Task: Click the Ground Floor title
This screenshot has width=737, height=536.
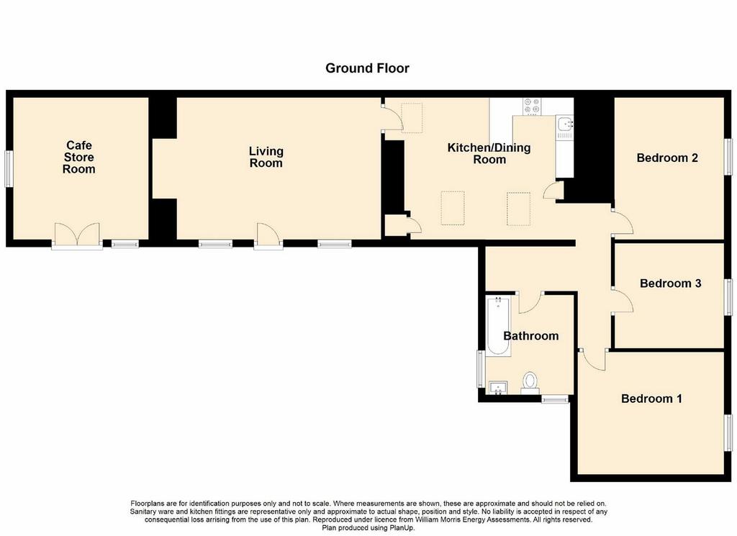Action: (x=367, y=68)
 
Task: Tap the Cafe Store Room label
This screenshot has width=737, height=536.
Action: (x=79, y=158)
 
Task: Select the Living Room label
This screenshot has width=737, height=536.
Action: (x=266, y=158)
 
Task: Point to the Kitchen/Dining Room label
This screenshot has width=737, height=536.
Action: (x=489, y=154)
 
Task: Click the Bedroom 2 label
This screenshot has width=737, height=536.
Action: (x=667, y=158)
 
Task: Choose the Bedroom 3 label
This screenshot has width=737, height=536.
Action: (x=670, y=283)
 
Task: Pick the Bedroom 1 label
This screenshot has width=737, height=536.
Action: (x=651, y=399)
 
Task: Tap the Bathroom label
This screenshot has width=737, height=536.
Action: (x=530, y=336)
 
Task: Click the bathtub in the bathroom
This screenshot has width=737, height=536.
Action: (x=498, y=327)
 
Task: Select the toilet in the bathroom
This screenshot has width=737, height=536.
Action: (x=530, y=382)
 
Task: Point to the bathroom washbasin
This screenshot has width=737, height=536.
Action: (x=498, y=388)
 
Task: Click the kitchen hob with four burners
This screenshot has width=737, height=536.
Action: (x=533, y=106)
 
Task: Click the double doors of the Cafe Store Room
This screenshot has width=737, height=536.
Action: (x=78, y=234)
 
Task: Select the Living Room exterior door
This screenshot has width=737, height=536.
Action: (x=268, y=234)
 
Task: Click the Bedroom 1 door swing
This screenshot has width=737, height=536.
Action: (x=593, y=360)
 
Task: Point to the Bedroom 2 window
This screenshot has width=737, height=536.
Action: (x=728, y=156)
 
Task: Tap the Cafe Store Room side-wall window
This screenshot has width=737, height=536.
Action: (x=9, y=168)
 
